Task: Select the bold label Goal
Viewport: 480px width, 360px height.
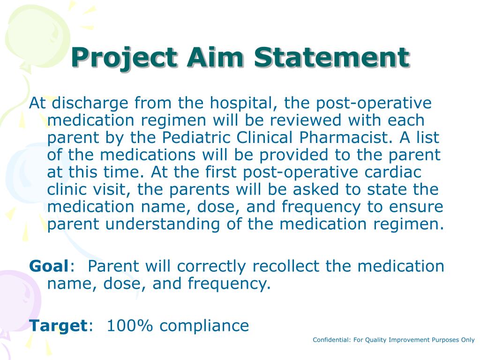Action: (49, 266)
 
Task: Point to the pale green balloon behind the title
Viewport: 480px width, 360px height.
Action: (37, 33)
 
